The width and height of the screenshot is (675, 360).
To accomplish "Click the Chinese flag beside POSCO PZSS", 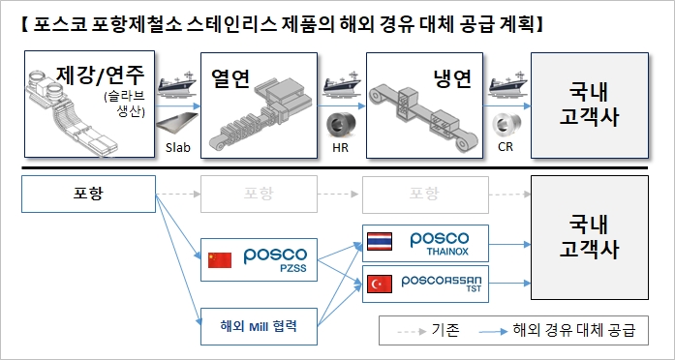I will pos(218,259).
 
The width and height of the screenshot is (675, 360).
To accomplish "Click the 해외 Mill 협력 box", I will pos(254,324).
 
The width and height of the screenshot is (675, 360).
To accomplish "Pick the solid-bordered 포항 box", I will pos(88,193).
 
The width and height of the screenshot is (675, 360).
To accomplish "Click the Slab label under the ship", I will pos(175,147).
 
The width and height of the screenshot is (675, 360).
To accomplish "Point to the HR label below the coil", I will pos(340,147).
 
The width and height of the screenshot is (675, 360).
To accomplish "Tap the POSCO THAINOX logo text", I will pos(440,242).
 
